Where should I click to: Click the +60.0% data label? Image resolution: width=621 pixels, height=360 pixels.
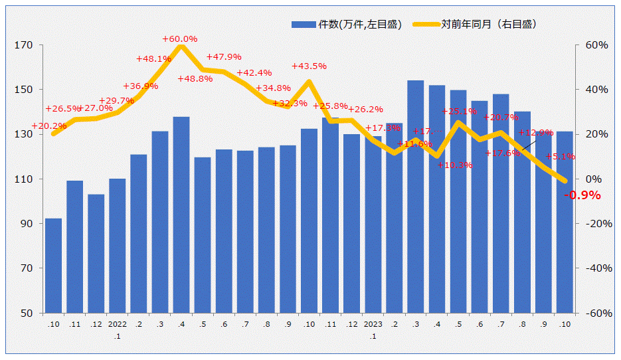[x=180, y=39]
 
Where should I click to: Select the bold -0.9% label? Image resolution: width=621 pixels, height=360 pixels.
[x=582, y=195]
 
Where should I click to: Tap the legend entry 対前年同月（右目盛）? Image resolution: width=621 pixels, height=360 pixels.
[x=476, y=25]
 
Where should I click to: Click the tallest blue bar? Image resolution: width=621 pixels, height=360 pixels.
[x=416, y=197]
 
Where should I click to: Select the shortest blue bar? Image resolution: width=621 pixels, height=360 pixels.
[x=53, y=266]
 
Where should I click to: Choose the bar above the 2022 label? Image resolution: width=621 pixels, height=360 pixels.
[x=117, y=246]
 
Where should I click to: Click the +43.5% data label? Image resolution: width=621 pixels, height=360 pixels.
[x=310, y=66]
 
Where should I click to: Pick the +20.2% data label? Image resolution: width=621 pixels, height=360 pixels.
[x=49, y=126]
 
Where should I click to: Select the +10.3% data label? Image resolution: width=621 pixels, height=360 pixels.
[x=455, y=165]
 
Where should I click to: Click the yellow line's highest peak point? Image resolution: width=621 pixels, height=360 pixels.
[x=181, y=46]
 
